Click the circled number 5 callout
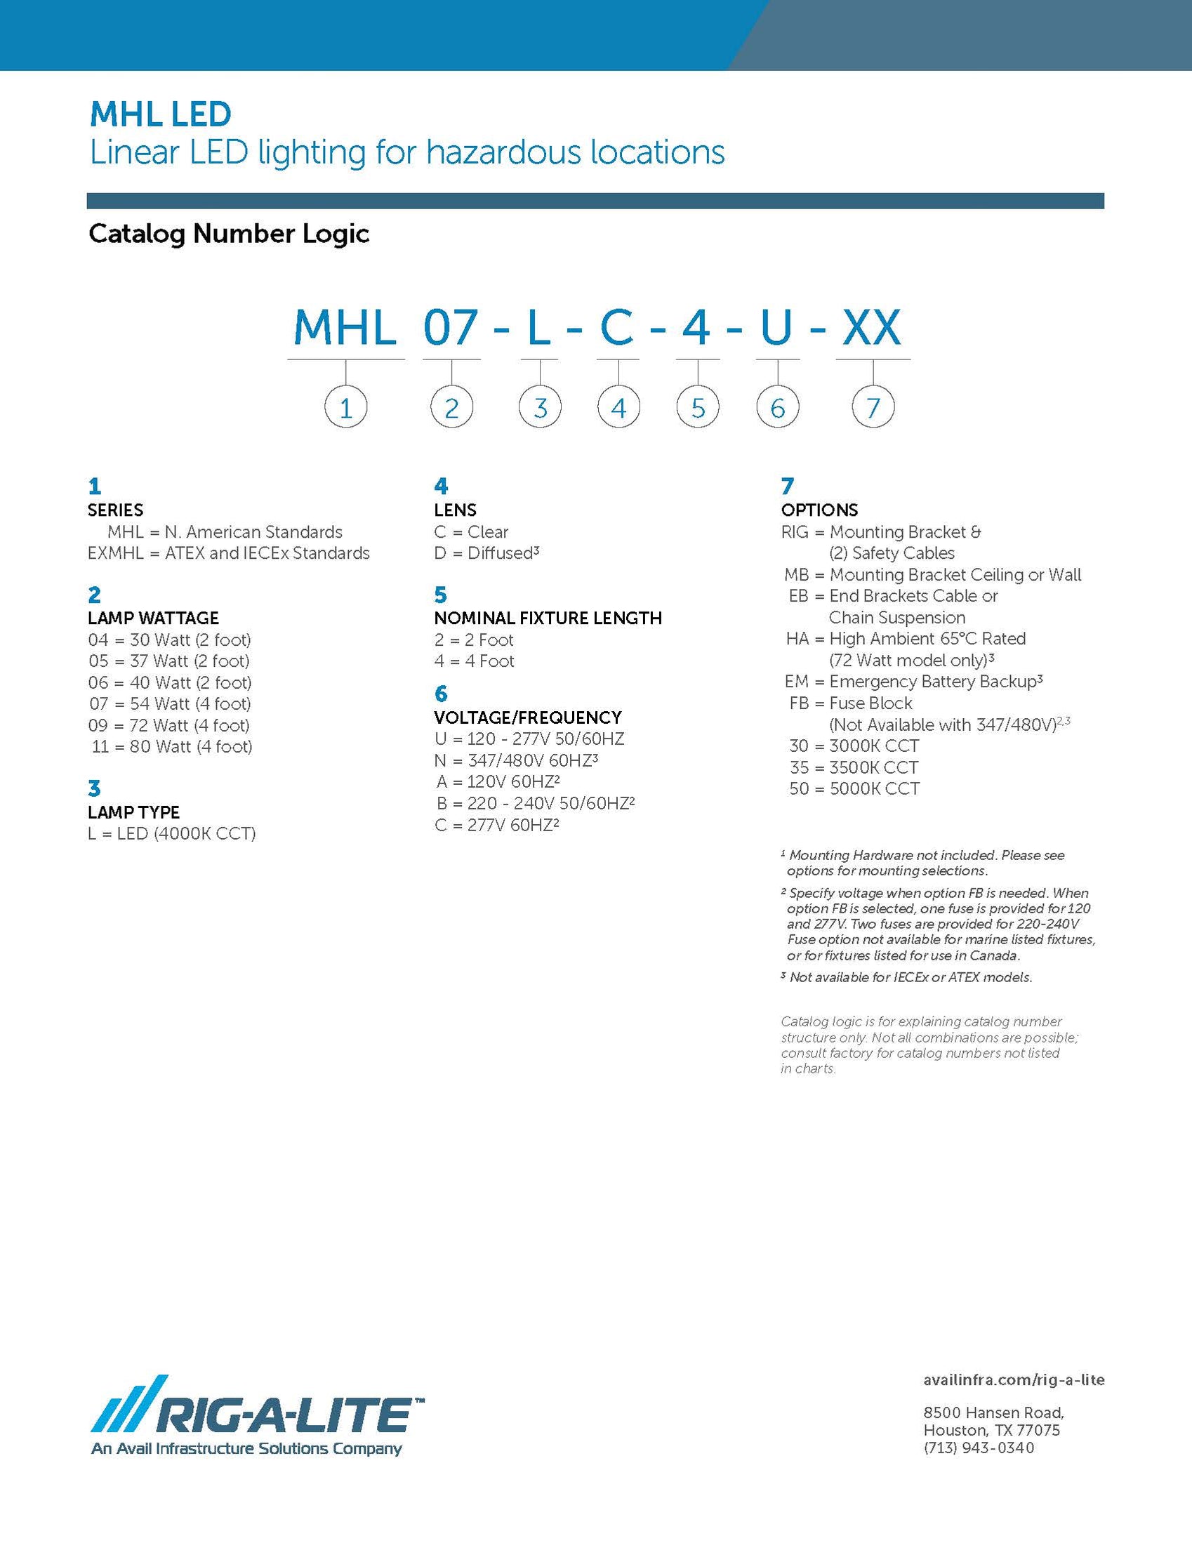click(x=698, y=408)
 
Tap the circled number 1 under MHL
click(x=345, y=408)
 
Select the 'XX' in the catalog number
click(x=872, y=328)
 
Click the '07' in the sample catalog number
click(x=451, y=328)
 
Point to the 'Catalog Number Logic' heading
click(x=229, y=234)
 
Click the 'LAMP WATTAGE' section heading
click(x=153, y=618)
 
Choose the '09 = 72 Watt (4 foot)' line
click(x=169, y=725)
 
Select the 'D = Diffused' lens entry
click(x=486, y=553)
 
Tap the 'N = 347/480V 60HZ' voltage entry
click(x=517, y=760)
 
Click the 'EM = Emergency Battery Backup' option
click(x=913, y=682)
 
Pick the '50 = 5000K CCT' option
click(x=854, y=788)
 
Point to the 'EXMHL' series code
click(x=116, y=553)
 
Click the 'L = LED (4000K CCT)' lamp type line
click(x=172, y=834)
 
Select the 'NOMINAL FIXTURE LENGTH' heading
click(x=548, y=618)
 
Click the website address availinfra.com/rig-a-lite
click(x=1013, y=1380)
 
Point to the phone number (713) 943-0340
click(x=979, y=1448)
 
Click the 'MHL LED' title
click(x=160, y=114)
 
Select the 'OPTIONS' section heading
click(x=819, y=510)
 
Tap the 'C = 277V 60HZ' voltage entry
click(x=497, y=825)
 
